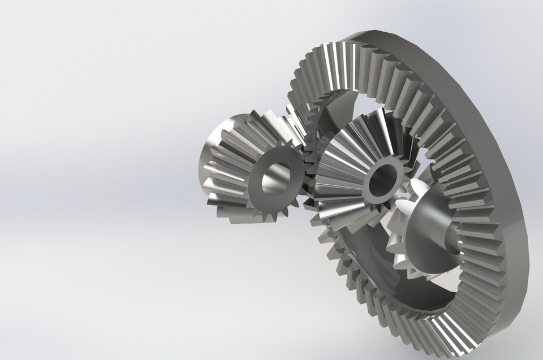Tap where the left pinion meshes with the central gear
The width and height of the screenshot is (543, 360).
pyautogui.click(x=308, y=170)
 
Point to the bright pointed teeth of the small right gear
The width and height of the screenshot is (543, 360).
pyautogui.click(x=404, y=209)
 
